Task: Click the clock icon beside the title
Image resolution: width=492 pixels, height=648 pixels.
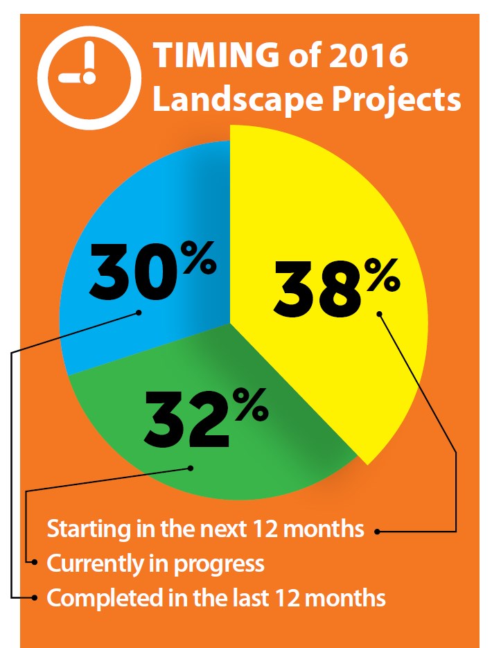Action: click(89, 78)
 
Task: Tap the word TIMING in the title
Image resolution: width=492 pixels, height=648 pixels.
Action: click(216, 55)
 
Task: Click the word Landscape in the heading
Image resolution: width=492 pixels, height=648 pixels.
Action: click(238, 99)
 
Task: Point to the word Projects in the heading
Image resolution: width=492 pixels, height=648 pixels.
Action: click(396, 100)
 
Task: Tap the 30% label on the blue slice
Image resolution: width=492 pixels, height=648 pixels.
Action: click(152, 271)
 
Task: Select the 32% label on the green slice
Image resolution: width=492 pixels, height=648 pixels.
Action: click(206, 418)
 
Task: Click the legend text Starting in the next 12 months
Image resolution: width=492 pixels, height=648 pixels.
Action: click(205, 529)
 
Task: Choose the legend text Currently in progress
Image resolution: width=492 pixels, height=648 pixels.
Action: click(155, 564)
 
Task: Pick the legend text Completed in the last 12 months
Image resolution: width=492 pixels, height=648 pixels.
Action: click(216, 598)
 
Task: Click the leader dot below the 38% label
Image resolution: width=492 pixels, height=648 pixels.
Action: click(379, 314)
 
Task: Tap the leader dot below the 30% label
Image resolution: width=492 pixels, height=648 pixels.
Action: click(139, 313)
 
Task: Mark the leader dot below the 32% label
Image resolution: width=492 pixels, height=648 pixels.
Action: click(191, 469)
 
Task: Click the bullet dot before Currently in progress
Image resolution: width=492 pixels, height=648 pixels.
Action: click(35, 562)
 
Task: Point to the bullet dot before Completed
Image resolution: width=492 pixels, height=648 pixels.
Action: click(35, 597)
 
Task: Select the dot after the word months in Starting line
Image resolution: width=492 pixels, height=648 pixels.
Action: click(377, 532)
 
